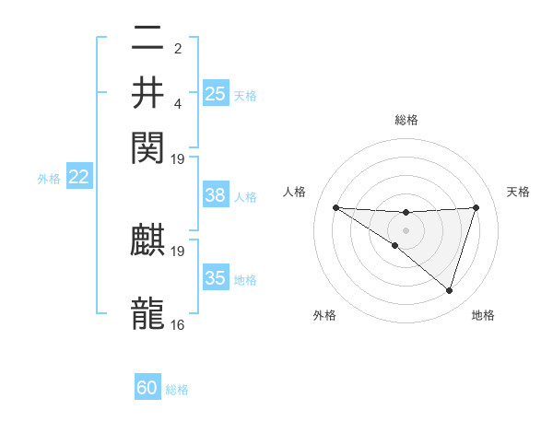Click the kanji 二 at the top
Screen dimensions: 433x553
coord(148,40)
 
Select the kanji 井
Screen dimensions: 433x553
coord(148,93)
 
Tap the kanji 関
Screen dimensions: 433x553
coord(148,146)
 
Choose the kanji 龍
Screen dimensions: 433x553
coord(148,313)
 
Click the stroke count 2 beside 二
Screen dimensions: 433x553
coord(178,49)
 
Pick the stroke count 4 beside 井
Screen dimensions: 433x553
coord(178,103)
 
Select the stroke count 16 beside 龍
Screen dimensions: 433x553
coord(178,324)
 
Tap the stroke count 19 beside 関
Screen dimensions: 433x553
coord(178,158)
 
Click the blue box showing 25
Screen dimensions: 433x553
coord(216,94)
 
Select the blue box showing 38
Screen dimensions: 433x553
coord(216,196)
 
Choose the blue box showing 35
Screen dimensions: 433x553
coord(216,278)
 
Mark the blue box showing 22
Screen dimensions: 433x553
coord(78,178)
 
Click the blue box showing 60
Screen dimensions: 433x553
coord(147,389)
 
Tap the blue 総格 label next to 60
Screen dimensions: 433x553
coord(177,390)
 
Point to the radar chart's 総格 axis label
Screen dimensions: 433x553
coord(406,120)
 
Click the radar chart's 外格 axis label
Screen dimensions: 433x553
coord(324,316)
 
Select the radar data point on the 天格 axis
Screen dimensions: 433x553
coord(477,207)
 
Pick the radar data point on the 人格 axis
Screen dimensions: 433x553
coord(335,207)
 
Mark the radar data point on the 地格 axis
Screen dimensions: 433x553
coord(449,290)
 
